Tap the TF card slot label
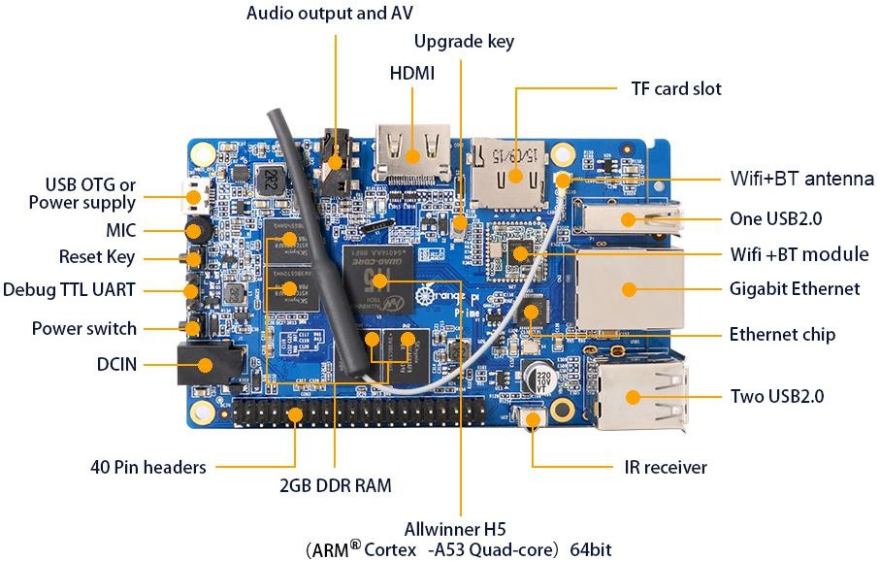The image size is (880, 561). coord(675,88)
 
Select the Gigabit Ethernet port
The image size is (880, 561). coord(628,288)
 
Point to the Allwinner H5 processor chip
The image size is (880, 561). coord(378,280)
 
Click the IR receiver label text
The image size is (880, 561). coord(666,467)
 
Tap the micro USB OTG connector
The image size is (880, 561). coord(194,197)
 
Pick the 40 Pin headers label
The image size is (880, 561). coord(148,467)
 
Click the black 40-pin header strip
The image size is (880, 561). coord(359,413)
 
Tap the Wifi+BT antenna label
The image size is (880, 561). coord(802,179)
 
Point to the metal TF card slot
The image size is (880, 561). coord(508,174)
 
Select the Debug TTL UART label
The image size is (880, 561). coord(69,290)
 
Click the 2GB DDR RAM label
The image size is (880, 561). coord(336,485)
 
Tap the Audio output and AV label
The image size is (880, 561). coord(330,13)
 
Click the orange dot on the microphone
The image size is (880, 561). coord(194,231)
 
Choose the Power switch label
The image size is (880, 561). coord(84,328)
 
